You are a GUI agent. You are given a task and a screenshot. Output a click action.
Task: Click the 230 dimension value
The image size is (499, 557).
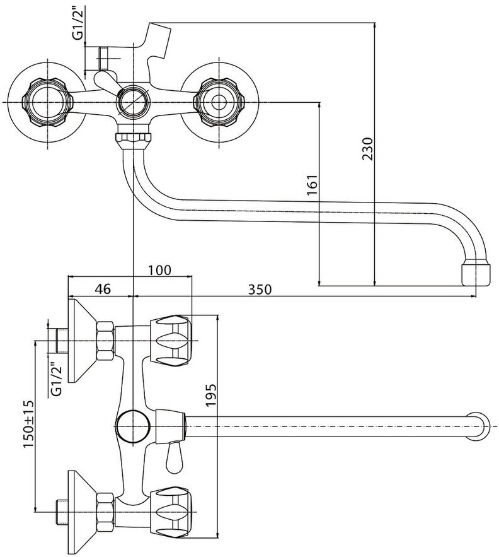point(368,149)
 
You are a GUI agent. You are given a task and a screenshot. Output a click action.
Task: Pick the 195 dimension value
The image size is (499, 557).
point(211,396)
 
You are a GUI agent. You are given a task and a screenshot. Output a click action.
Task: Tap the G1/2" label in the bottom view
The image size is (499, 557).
point(56,380)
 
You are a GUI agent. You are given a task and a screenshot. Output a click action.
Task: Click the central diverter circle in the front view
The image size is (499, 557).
point(133,102)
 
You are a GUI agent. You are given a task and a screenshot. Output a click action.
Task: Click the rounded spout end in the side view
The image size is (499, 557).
point(483,424)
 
